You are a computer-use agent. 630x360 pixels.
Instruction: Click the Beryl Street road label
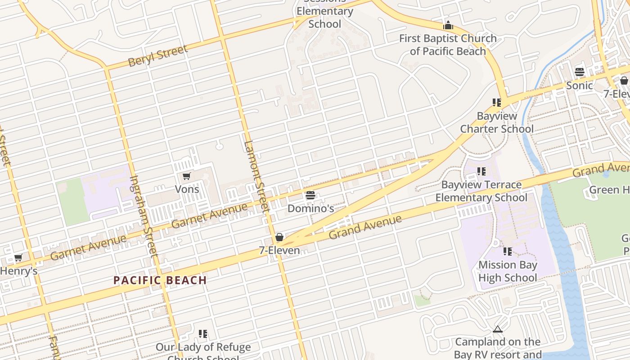pos(157,55)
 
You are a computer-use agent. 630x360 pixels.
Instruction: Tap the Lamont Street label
pos(256,176)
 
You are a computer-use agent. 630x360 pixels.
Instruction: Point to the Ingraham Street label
pos(144,216)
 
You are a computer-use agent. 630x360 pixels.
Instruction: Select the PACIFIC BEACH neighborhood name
pos(160,280)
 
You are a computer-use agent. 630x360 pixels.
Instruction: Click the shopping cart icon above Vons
pos(186,176)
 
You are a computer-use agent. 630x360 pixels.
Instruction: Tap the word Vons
pos(187,189)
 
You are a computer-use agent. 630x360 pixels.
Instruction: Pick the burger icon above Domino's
pos(310,195)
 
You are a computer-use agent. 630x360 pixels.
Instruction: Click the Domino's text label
pos(310,208)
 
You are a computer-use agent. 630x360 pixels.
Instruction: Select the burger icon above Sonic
pos(579,72)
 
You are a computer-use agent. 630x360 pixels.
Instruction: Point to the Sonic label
pos(579,85)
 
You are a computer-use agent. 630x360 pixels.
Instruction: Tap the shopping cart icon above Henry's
pos(18,258)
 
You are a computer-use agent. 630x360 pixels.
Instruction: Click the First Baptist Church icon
pos(448,25)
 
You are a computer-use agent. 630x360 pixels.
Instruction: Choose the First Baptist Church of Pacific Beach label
pos(448,45)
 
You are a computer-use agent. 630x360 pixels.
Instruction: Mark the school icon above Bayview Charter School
pos(497,103)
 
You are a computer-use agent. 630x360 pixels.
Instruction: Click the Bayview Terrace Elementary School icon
pos(481,171)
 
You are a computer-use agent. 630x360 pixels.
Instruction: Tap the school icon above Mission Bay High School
pos(508,252)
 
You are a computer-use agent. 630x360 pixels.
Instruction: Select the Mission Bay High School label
pos(508,271)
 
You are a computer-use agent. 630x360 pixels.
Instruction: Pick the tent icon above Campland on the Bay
pos(497,329)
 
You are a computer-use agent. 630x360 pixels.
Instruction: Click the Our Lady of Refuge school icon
pos(203,334)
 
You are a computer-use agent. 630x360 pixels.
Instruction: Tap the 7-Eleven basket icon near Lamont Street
pos(279,237)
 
